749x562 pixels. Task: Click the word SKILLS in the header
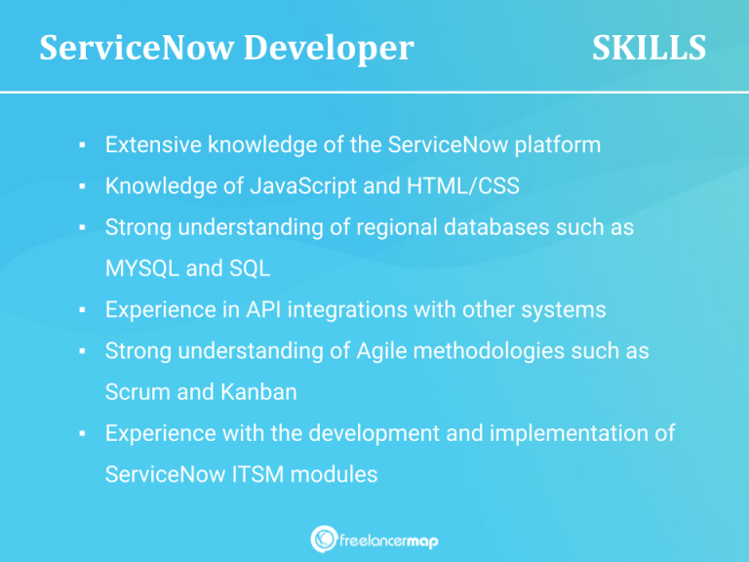pyautogui.click(x=649, y=48)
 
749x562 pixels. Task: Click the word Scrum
pyautogui.click(x=136, y=391)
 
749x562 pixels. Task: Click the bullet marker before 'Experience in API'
pyautogui.click(x=85, y=310)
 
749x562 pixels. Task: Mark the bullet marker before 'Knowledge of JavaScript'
pyautogui.click(x=85, y=186)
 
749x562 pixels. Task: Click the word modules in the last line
pyautogui.click(x=338, y=474)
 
